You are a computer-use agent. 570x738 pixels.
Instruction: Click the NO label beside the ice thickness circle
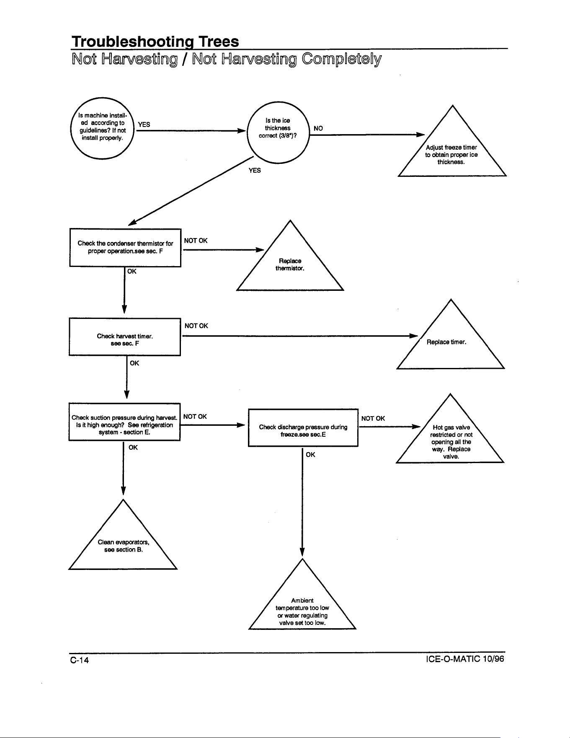pyautogui.click(x=318, y=129)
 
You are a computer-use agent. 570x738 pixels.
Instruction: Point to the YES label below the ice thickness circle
pyautogui.click(x=255, y=170)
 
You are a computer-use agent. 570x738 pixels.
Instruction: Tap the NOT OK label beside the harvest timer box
pyautogui.click(x=196, y=326)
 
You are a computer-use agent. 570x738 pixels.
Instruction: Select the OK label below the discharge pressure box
pyautogui.click(x=310, y=455)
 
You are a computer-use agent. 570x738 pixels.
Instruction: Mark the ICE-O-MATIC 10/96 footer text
pyautogui.click(x=464, y=659)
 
